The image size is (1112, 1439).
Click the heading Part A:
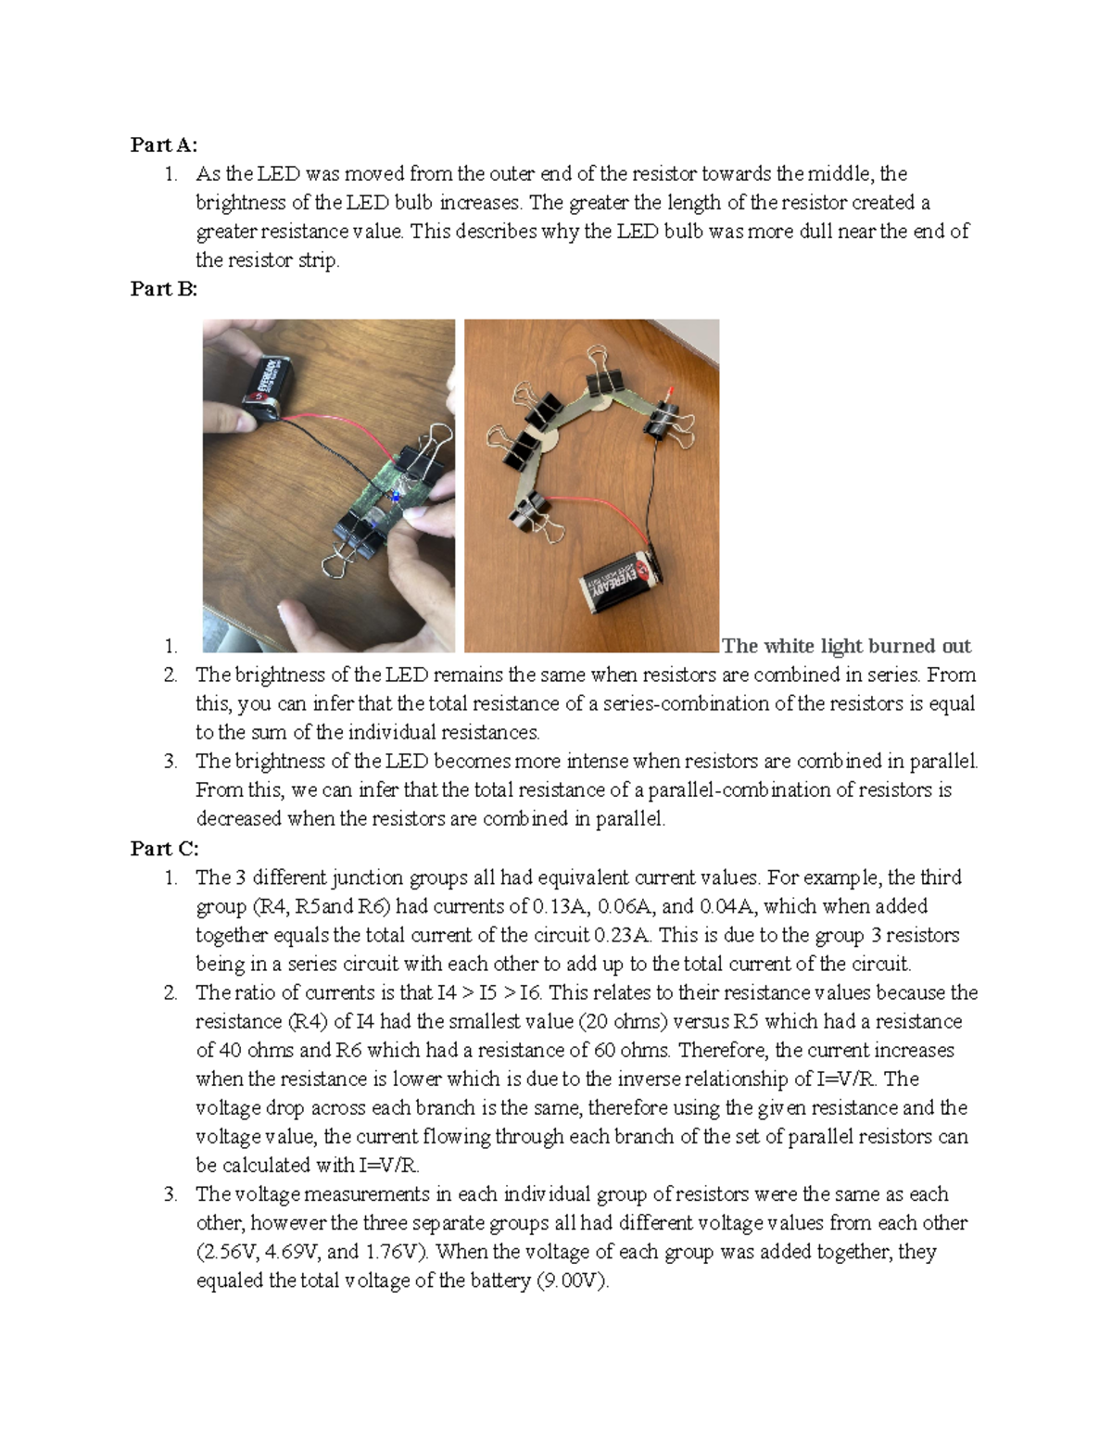(x=164, y=145)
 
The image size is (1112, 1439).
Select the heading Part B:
(x=164, y=289)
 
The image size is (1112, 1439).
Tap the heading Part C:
(x=164, y=849)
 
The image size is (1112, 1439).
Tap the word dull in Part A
(x=814, y=232)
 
